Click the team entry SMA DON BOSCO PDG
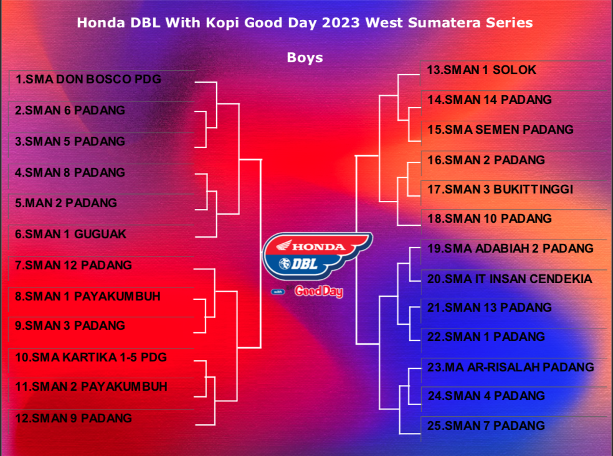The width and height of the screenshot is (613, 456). coord(88,79)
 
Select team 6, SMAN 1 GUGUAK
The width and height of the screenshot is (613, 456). coord(70,234)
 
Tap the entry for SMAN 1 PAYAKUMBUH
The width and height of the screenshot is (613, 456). coord(88,296)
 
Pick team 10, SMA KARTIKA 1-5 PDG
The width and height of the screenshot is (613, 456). coord(91,357)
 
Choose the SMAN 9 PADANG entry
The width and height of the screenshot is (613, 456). coord(73,418)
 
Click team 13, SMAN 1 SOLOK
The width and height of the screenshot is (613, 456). coord(482,70)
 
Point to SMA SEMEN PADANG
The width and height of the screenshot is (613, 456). coord(500,129)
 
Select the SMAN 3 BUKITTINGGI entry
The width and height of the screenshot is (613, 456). coord(500,189)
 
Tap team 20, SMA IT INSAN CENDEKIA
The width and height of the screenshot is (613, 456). coord(510,279)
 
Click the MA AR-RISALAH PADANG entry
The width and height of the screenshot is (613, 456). coord(510,367)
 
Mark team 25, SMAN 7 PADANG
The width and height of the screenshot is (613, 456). coord(485,425)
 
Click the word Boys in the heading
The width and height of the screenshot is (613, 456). coord(305,58)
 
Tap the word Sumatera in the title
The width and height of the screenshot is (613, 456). coord(445,22)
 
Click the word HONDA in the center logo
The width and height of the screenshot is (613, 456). coord(318,247)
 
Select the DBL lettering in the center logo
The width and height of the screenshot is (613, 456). coord(304,264)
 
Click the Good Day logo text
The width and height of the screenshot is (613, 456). coord(318,291)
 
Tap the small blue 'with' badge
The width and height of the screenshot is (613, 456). coord(278,292)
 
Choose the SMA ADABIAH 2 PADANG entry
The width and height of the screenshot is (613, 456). coord(510,248)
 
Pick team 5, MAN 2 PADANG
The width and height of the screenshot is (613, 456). coord(65,203)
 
